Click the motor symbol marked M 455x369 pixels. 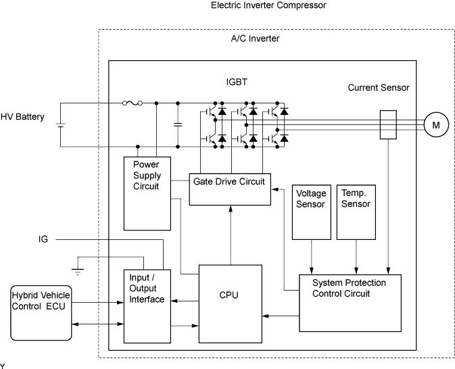(436, 125)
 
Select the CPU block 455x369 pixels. (229, 303)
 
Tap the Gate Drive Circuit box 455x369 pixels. (229, 189)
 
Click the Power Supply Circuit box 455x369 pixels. (146, 193)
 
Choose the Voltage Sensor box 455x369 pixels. (311, 211)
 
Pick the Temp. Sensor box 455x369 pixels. (356, 211)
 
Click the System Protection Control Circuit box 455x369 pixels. (350, 302)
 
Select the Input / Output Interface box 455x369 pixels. (147, 305)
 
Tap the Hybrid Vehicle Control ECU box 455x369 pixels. (41, 312)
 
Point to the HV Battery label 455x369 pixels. (22, 117)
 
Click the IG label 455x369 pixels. (43, 239)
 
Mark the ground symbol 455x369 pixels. (78, 271)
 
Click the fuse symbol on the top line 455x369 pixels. (132, 103)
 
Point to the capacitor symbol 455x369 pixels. (178, 125)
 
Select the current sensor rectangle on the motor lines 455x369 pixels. (388, 125)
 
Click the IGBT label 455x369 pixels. (237, 82)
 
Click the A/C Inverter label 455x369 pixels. (255, 39)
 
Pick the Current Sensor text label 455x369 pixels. (379, 88)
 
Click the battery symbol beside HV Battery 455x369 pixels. (60, 125)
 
